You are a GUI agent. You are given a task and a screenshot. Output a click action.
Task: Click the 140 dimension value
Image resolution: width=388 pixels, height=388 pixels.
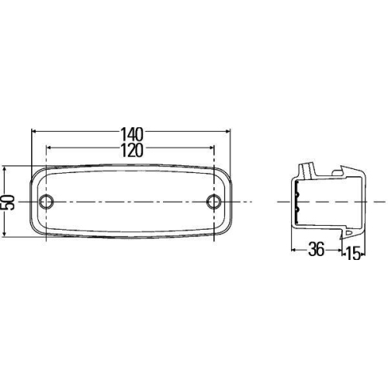(132, 134)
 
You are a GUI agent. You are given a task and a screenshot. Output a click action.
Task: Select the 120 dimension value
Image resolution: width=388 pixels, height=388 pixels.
(132, 151)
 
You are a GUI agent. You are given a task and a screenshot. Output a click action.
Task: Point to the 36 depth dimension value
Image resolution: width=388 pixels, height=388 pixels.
(317, 250)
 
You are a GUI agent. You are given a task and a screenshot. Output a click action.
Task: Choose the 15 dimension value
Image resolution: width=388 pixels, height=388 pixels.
(353, 254)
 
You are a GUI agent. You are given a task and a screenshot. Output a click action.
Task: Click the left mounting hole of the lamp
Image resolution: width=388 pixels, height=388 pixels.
(46, 201)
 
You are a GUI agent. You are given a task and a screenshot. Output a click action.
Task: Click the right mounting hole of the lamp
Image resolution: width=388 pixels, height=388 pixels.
(214, 201)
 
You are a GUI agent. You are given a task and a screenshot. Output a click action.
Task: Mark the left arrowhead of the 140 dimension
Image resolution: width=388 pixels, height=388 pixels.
(34, 131)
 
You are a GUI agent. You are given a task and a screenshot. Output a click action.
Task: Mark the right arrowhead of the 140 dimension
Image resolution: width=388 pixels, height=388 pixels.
(227, 131)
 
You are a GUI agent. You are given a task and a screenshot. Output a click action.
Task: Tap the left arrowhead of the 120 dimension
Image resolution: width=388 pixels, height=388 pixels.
(49, 147)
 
